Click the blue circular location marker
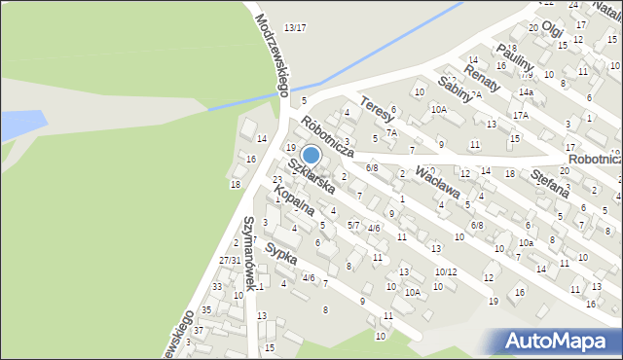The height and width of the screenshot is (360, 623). [311, 155]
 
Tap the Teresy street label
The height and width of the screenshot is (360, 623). [375, 107]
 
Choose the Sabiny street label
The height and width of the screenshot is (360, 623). [455, 89]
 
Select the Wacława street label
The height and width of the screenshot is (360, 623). [436, 182]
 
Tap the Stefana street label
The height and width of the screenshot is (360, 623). [551, 181]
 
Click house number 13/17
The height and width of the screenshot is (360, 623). [295, 27]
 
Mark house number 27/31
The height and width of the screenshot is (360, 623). [230, 261]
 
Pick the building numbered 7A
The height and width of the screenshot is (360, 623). [391, 132]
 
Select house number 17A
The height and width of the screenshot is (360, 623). [521, 115]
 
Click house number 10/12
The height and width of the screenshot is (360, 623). [445, 272]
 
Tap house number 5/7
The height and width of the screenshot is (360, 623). [353, 225]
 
